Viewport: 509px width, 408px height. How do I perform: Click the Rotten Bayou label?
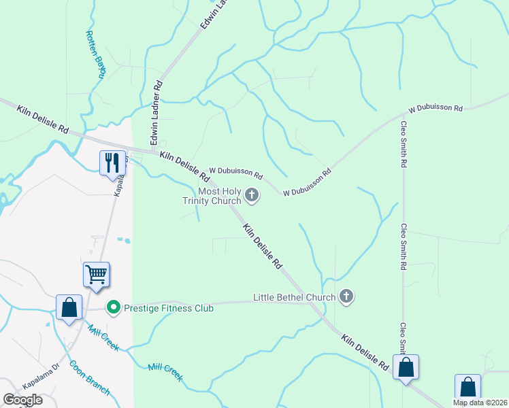95,54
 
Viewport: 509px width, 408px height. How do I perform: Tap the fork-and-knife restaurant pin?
112,163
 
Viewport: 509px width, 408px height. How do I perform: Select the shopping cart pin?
96,275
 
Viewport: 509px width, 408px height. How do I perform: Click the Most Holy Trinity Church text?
211,197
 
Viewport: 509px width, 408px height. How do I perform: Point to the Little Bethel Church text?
294,297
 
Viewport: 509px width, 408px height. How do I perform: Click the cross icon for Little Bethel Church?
346,296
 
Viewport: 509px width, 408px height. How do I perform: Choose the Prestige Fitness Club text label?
169,308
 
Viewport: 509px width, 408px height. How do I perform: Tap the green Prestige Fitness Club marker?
114,308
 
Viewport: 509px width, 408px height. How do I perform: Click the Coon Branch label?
89,377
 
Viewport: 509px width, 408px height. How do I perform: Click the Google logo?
22,400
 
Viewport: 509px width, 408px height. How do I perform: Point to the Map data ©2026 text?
480,403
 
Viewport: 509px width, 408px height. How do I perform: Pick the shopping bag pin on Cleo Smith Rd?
406,368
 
